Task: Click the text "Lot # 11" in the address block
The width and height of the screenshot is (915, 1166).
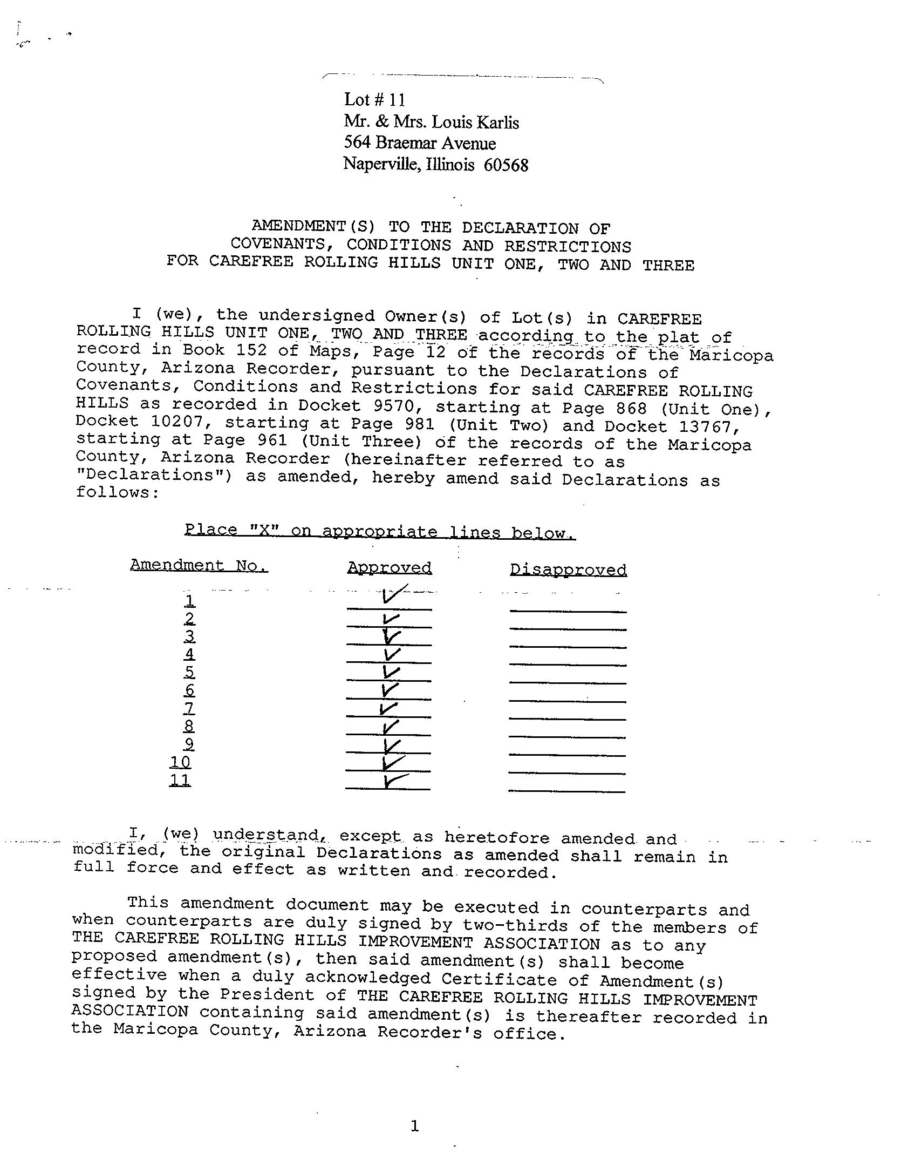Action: (374, 100)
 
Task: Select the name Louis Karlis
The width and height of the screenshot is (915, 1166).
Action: (475, 123)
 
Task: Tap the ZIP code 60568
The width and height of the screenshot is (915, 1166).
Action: (506, 165)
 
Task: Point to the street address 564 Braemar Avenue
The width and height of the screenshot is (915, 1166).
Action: (420, 143)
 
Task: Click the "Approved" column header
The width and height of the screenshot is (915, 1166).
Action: (389, 568)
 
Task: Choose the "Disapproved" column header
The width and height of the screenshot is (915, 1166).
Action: (568, 570)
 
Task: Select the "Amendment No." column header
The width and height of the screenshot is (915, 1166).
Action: (199, 565)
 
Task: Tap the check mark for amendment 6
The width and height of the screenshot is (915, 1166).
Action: (390, 690)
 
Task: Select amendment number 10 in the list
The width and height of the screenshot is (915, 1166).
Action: (180, 762)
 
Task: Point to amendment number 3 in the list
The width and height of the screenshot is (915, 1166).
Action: (189, 636)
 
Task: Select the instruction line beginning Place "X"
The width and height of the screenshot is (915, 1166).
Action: (380, 531)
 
